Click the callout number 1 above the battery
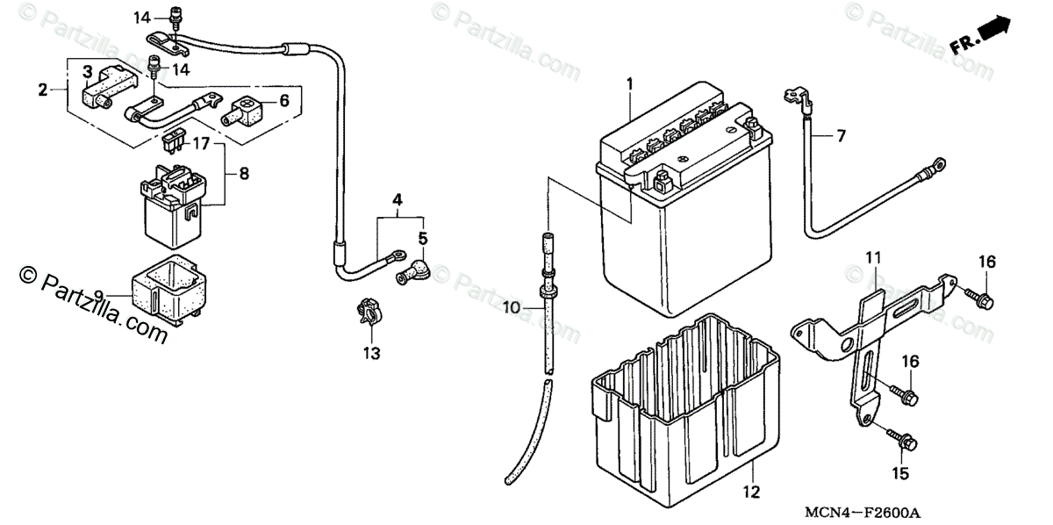point(629,83)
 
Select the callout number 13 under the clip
point(372,353)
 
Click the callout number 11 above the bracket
point(872,257)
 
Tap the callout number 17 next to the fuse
point(201,142)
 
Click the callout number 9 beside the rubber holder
point(98,295)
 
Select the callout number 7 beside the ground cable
point(840,135)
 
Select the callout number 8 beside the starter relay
point(243,174)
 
